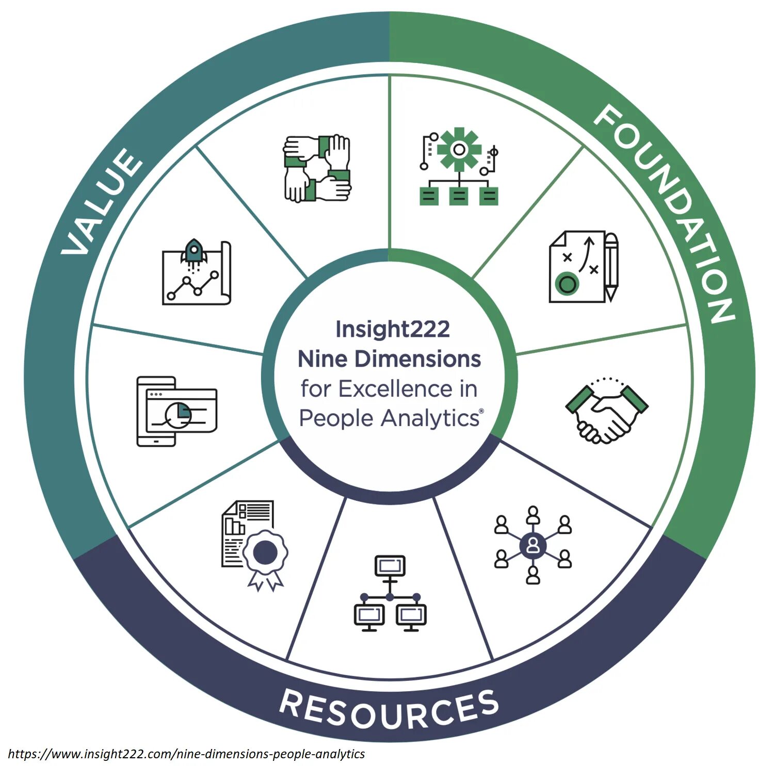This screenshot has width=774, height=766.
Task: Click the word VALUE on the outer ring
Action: click(x=102, y=203)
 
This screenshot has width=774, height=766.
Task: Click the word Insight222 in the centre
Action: click(x=392, y=329)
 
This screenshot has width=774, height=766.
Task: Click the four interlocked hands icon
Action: click(x=317, y=168)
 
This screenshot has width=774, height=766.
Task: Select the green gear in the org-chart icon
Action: click(x=459, y=149)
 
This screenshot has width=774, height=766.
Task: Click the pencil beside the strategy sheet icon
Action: click(x=611, y=266)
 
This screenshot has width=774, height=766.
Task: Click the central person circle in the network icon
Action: click(x=533, y=545)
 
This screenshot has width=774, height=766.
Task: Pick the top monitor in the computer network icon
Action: click(x=390, y=566)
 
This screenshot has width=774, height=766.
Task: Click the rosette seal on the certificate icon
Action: click(x=265, y=553)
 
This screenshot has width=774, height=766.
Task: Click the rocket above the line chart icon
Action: click(x=193, y=251)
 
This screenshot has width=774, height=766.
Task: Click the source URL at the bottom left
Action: click(x=186, y=754)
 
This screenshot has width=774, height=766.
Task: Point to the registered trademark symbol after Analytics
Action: click(x=481, y=411)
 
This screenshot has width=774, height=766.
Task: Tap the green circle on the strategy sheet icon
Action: click(x=567, y=283)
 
